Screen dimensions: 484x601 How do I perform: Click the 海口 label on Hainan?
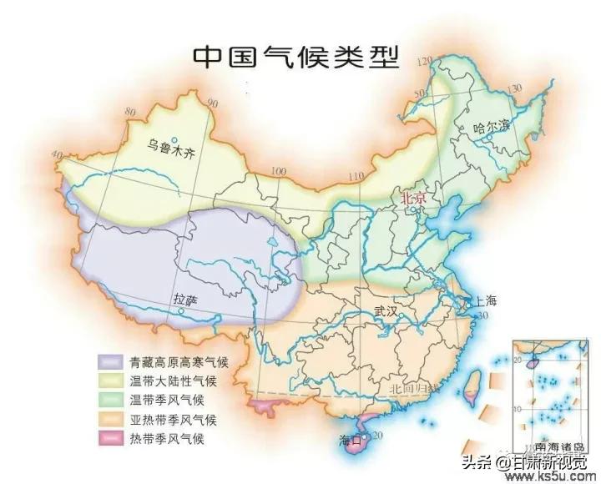352,439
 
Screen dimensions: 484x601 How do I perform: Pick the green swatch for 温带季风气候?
110,401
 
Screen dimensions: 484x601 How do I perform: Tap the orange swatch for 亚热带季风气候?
110,420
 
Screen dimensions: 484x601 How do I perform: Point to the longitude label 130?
515,88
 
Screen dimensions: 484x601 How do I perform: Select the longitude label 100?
278,172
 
